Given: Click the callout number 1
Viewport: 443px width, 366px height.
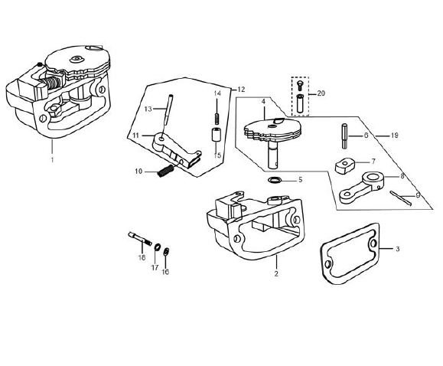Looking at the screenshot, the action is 52,160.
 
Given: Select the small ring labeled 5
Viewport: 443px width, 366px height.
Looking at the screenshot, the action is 275,180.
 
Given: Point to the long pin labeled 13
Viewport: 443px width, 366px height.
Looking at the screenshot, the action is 168,109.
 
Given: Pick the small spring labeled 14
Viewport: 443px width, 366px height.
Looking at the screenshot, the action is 217,119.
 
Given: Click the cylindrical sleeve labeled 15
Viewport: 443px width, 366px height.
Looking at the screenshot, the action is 216,136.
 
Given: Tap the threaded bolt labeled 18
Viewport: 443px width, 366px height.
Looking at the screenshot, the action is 140,239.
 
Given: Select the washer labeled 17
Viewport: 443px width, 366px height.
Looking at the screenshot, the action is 157,247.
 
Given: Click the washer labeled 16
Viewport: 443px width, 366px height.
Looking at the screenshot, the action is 166,251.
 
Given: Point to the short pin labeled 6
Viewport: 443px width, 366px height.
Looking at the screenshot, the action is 344,136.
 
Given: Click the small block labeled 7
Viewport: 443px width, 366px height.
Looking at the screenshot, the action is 344,165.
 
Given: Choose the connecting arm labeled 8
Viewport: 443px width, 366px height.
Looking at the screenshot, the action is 362,188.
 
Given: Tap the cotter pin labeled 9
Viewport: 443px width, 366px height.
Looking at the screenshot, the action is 401,198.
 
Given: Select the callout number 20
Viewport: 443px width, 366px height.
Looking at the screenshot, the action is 321,93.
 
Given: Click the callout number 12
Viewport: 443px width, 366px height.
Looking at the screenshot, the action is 241,90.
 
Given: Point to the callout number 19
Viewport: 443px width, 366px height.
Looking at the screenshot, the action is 394,136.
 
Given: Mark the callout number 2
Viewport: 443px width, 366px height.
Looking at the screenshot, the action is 276,273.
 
